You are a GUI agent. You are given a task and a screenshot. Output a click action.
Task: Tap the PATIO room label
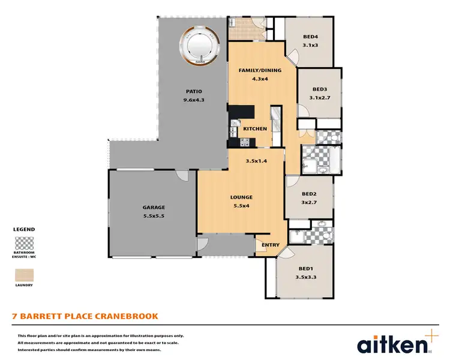194,92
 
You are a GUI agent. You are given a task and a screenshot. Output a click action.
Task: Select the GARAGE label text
154,207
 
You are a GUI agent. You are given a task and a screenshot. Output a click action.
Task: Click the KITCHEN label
255,129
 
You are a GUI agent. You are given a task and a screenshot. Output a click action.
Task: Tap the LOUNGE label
241,197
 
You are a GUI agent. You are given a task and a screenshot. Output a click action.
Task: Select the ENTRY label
271,244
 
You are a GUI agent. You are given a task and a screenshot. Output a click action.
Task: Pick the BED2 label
309,194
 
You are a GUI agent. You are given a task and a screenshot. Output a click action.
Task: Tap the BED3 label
319,89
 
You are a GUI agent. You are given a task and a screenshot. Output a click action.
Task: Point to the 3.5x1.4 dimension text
256,161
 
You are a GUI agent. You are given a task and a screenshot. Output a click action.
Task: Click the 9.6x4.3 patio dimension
194,100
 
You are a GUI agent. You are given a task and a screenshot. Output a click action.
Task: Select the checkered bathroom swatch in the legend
24,244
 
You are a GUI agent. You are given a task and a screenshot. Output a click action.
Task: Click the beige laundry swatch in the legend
24,275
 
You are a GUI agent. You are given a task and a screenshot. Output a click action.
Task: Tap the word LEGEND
24,229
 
